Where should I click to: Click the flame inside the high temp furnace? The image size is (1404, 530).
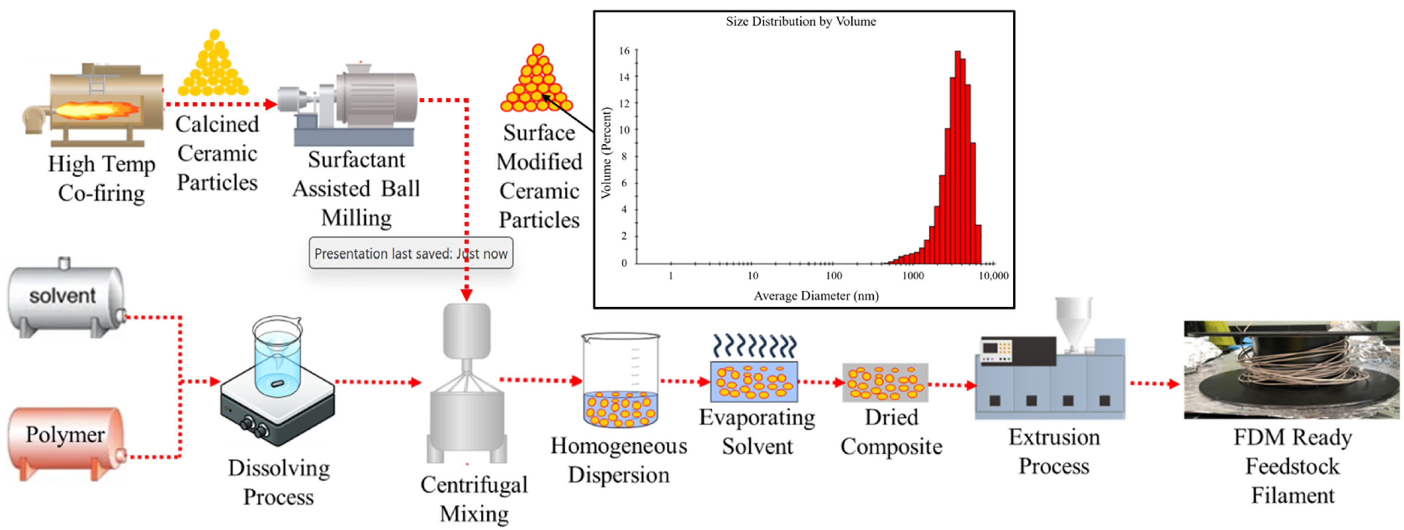click(98, 111)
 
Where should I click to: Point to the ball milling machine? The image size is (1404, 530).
click(354, 106)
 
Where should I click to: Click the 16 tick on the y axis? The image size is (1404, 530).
click(624, 51)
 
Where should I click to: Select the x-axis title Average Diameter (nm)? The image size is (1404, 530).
click(816, 296)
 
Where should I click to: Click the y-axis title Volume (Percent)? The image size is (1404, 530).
click(605, 153)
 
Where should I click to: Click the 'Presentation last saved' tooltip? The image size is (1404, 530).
click(410, 253)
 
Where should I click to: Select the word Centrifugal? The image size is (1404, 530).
click(474, 485)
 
